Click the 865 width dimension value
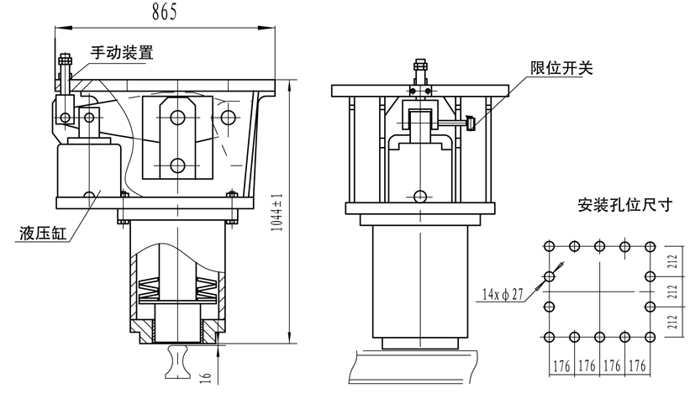(x=166, y=13)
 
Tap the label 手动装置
(x=122, y=52)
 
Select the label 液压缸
(x=39, y=234)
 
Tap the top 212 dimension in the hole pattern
(x=673, y=260)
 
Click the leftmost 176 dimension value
(x=561, y=366)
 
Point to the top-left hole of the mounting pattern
(x=549, y=246)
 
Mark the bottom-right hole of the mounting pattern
(x=649, y=337)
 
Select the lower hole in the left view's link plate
(x=176, y=164)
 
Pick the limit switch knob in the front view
(x=472, y=125)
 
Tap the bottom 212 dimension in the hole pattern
(x=673, y=321)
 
